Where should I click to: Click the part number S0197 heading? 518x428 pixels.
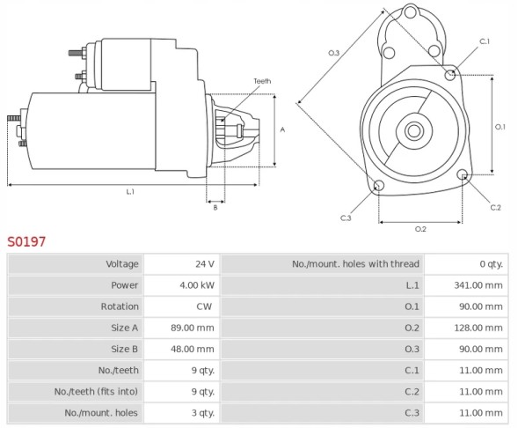(x=26, y=240)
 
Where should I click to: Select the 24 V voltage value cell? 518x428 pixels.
(x=204, y=264)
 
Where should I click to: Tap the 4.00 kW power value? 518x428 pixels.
(x=198, y=285)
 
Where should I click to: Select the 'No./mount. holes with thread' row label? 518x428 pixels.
(x=355, y=264)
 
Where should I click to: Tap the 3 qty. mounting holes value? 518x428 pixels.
(x=201, y=412)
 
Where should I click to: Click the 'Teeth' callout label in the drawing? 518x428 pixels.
(x=262, y=81)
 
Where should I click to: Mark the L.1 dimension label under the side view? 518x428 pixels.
(x=130, y=191)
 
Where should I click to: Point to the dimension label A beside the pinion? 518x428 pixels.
(x=282, y=129)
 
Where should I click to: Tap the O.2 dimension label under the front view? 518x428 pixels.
(x=420, y=229)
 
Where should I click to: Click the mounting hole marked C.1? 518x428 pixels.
(x=450, y=74)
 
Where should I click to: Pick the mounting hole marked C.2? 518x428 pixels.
(x=463, y=175)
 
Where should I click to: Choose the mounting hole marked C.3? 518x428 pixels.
(x=378, y=186)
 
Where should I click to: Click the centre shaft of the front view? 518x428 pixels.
(x=413, y=131)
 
